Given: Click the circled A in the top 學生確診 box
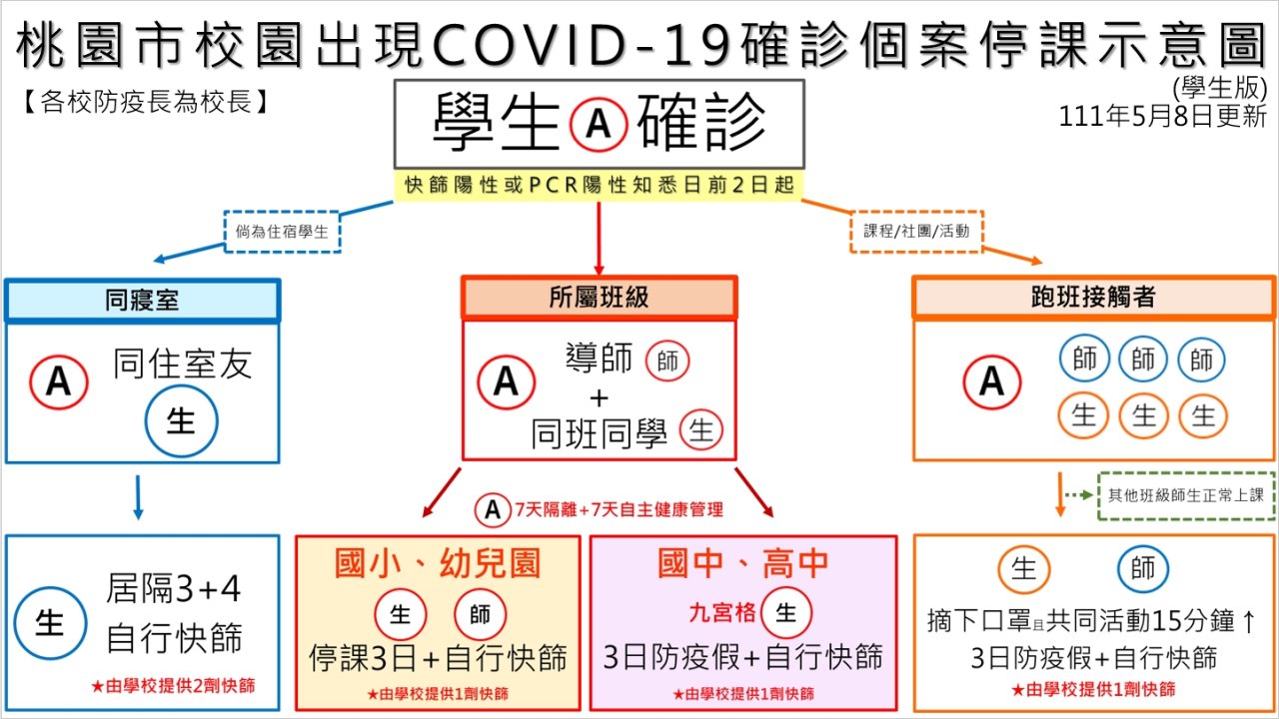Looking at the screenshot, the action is [599, 124].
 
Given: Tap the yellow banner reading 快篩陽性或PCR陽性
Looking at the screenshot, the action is [599, 185].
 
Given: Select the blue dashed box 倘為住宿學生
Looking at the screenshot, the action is [282, 231].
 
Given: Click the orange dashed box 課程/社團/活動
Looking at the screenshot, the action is [916, 231].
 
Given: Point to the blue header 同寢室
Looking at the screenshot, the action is [142, 301].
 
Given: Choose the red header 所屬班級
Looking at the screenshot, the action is [599, 297].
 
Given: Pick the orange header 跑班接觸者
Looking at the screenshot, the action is [1093, 297].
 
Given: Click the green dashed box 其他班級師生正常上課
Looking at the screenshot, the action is [1186, 495].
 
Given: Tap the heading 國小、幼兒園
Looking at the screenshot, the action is [438, 563].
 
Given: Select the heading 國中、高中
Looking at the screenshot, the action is [742, 563].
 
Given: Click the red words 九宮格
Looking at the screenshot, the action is [722, 613].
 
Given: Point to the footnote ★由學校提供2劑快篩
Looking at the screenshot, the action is [173, 686].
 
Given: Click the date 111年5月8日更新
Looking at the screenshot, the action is [1162, 117].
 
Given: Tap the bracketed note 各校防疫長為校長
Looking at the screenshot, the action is [145, 103].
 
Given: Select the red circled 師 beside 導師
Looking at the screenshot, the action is [667, 360].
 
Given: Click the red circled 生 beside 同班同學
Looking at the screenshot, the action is [701, 430].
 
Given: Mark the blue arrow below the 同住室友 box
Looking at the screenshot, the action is [138, 497].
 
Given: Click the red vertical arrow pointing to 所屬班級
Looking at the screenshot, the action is [599, 239].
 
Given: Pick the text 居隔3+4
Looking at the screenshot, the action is [173, 589].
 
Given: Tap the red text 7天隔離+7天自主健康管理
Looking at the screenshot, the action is [619, 509].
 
